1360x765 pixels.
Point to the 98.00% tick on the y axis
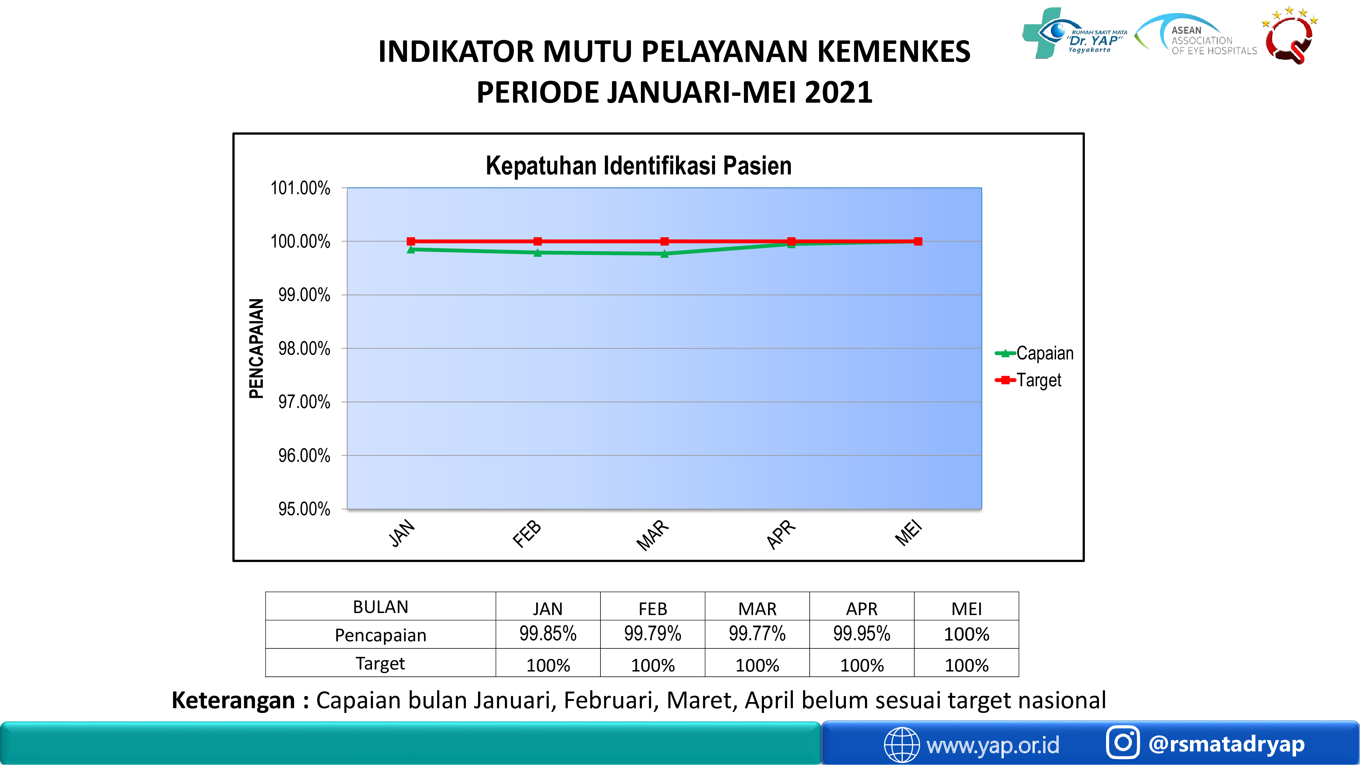(304, 348)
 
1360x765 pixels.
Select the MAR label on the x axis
(652, 535)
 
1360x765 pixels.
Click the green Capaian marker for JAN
(411, 249)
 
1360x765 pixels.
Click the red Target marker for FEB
(538, 241)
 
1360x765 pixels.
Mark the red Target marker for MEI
(918, 241)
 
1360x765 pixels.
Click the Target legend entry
(1028, 380)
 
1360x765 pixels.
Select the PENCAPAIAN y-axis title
(256, 348)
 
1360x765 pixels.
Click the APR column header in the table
(862, 609)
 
